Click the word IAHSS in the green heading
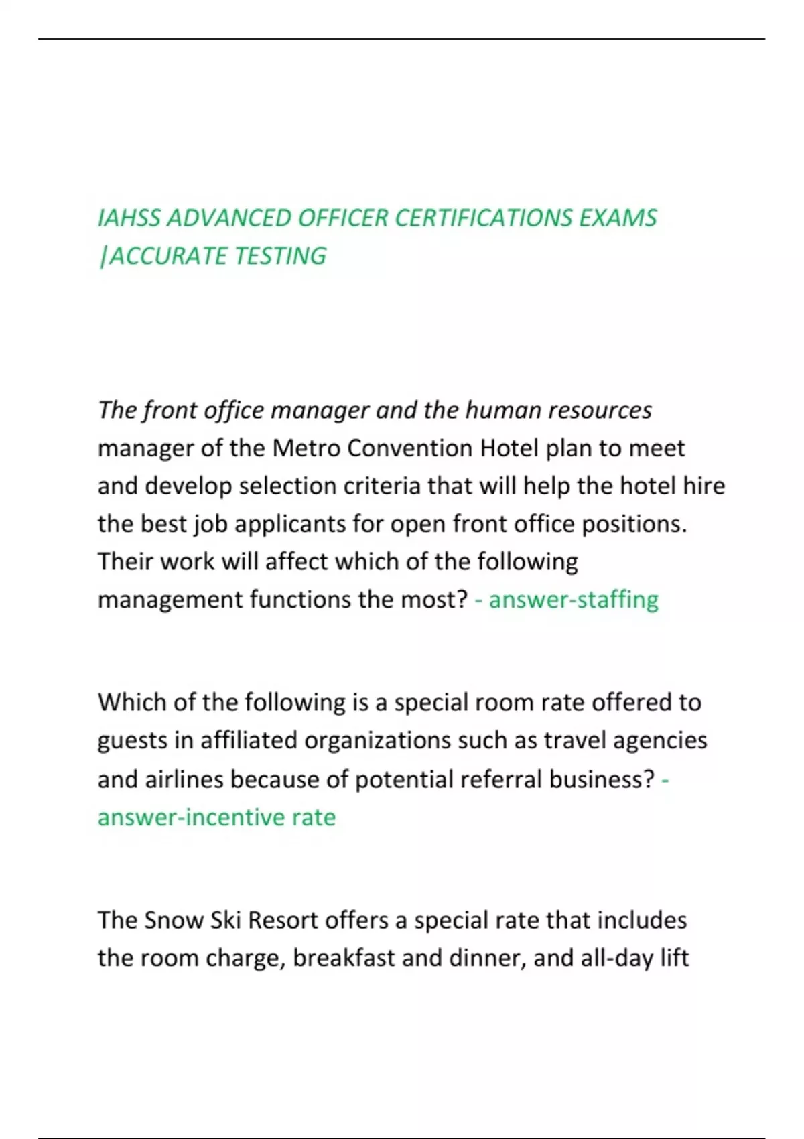(129, 218)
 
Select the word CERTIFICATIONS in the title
(482, 218)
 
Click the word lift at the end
(674, 958)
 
